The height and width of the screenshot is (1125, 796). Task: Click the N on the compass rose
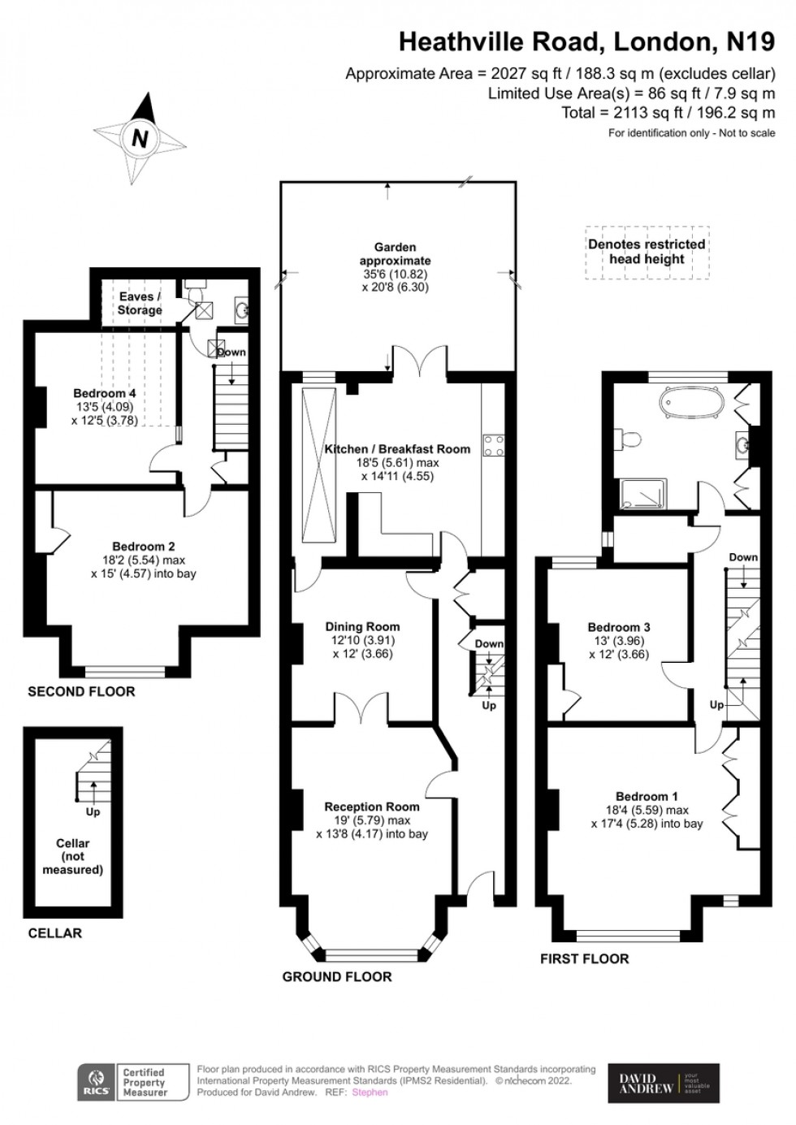coord(140,138)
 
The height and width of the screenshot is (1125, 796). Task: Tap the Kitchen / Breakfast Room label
coord(397,449)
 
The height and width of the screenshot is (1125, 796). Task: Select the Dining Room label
coord(362,626)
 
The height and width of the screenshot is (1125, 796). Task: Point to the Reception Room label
coord(372,807)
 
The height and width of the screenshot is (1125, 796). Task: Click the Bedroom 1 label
coord(647,796)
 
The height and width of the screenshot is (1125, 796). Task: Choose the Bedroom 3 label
coord(619,627)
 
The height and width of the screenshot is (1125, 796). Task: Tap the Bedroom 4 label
coord(105,393)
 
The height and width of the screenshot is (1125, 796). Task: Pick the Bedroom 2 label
coord(143,547)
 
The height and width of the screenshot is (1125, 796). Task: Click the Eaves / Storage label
coord(140,303)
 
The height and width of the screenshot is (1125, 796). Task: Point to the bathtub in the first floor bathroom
coord(692,403)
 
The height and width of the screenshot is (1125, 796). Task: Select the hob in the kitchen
coord(494,445)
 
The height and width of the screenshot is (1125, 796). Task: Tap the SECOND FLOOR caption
coord(81,691)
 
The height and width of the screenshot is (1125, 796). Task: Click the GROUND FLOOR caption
coord(337,976)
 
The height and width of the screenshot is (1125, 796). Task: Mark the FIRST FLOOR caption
coord(584,958)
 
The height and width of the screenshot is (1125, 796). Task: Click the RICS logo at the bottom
coord(97,1083)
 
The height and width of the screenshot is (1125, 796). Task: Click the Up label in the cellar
coord(93,811)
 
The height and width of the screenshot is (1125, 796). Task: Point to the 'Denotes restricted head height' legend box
coord(647,252)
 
